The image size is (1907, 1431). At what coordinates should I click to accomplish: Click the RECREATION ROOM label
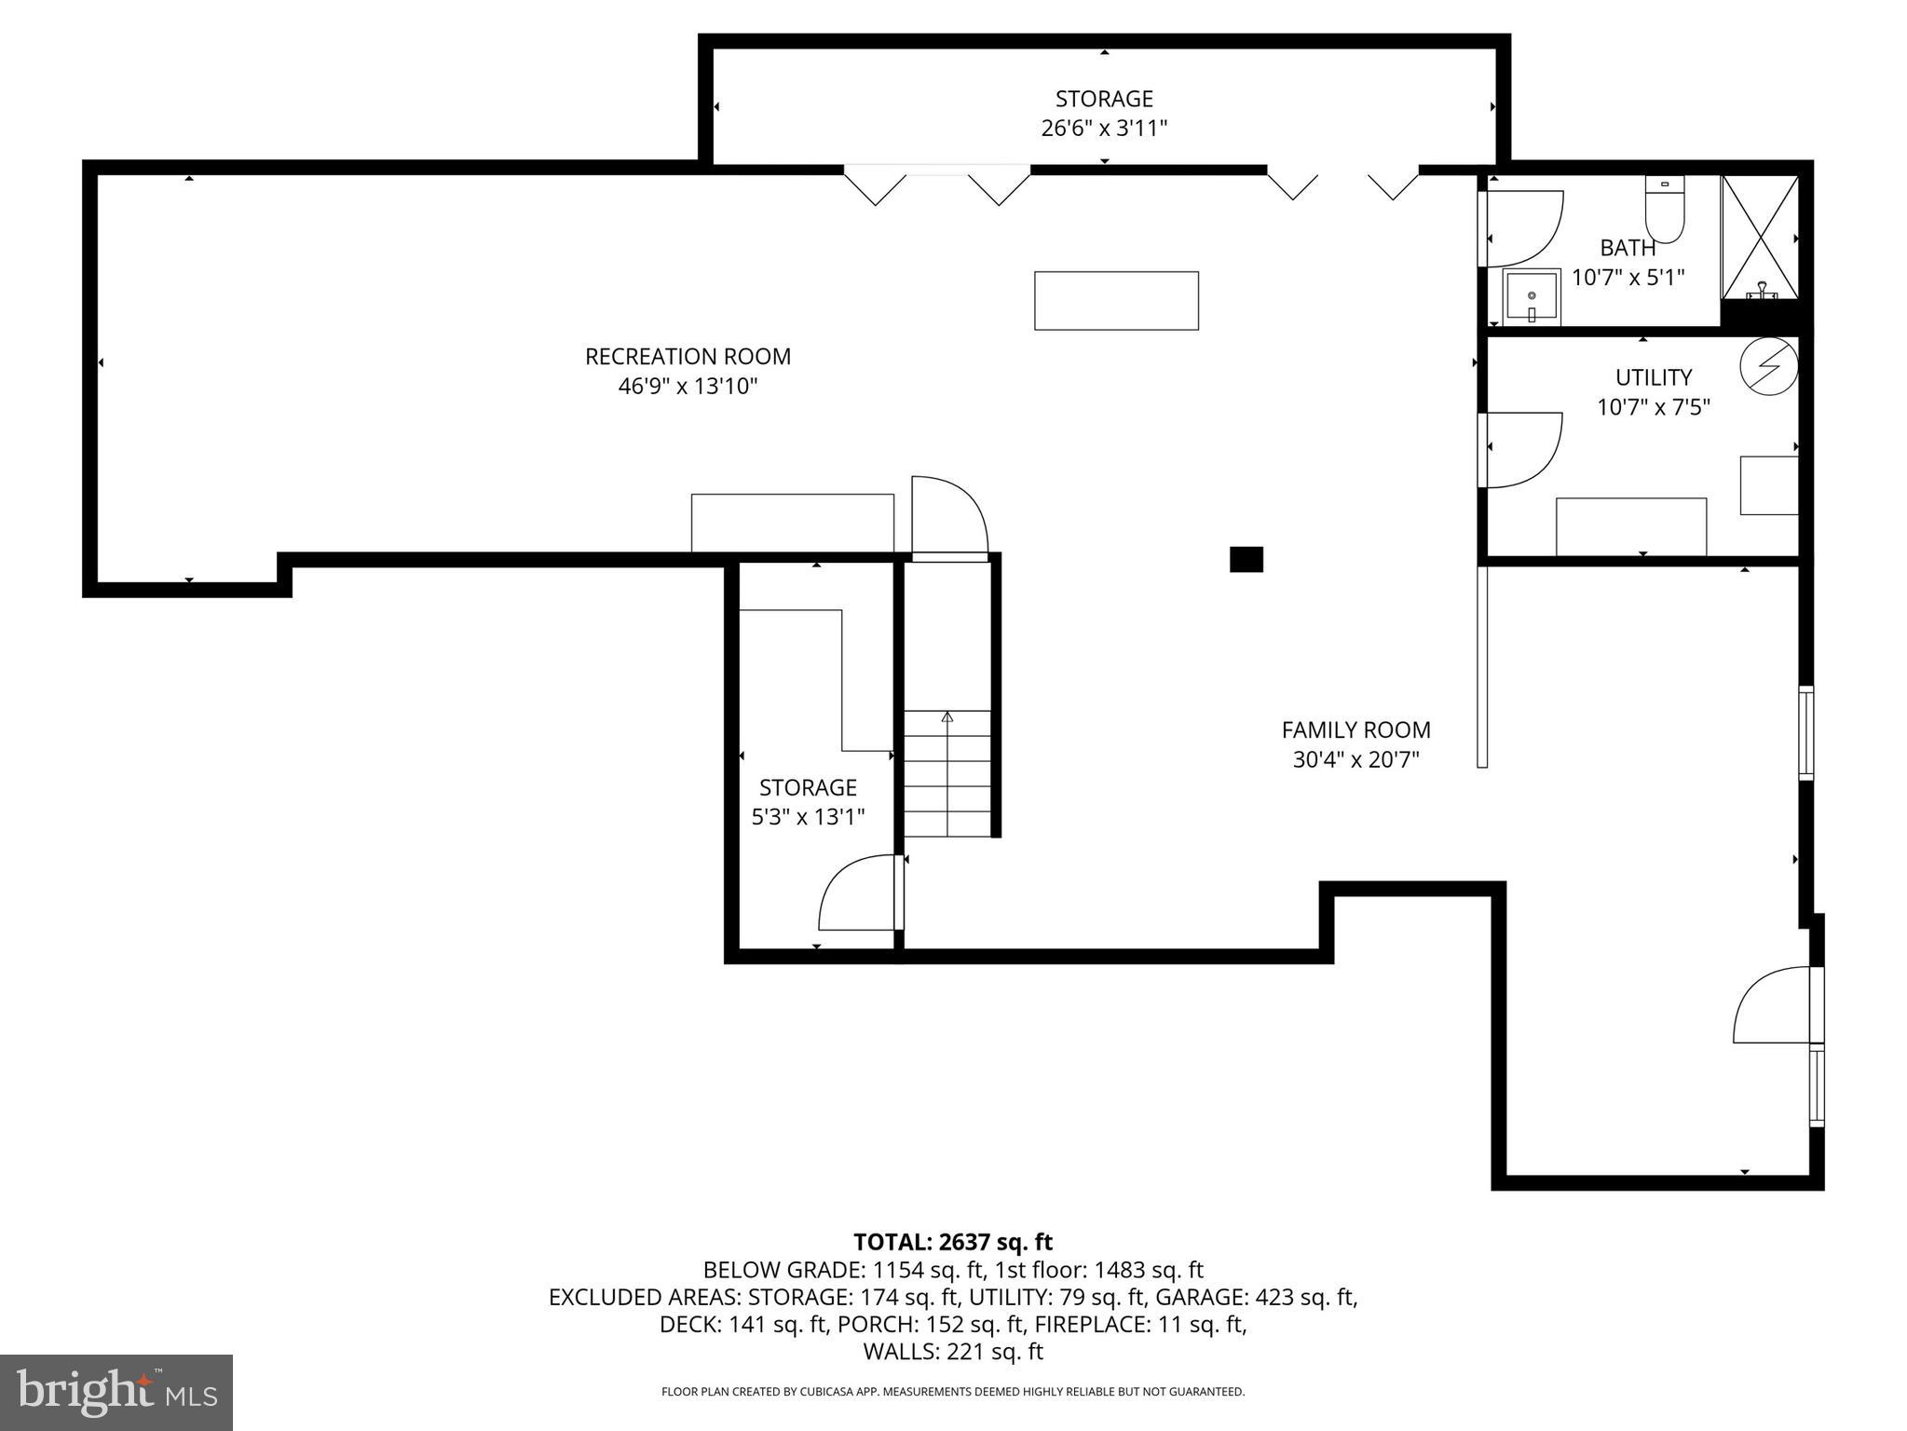pos(688,357)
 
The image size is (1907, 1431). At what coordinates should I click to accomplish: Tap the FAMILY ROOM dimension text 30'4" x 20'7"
pos(1355,760)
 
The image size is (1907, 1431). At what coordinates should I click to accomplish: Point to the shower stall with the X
pos(1759,238)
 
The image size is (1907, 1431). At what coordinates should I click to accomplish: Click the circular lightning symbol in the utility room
pos(1768,365)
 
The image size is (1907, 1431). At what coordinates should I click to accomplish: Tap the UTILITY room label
pos(1653,377)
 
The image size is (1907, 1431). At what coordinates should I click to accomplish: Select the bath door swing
pos(1522,229)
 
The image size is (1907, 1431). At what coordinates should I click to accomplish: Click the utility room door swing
pos(1522,450)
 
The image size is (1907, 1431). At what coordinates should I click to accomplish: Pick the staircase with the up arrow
pos(947,773)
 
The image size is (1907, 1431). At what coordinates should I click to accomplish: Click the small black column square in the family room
pos(1246,559)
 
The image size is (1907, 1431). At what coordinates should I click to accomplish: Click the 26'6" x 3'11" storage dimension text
pos(1104,129)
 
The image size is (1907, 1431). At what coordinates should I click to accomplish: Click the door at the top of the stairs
pos(948,518)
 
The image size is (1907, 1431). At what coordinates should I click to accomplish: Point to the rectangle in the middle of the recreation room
pos(1116,301)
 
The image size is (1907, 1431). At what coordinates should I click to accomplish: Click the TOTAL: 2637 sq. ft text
pos(952,1242)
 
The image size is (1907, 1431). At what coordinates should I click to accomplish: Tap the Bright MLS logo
pos(116,1392)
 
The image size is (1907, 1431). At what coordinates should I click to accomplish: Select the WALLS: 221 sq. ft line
pos(952,1351)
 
